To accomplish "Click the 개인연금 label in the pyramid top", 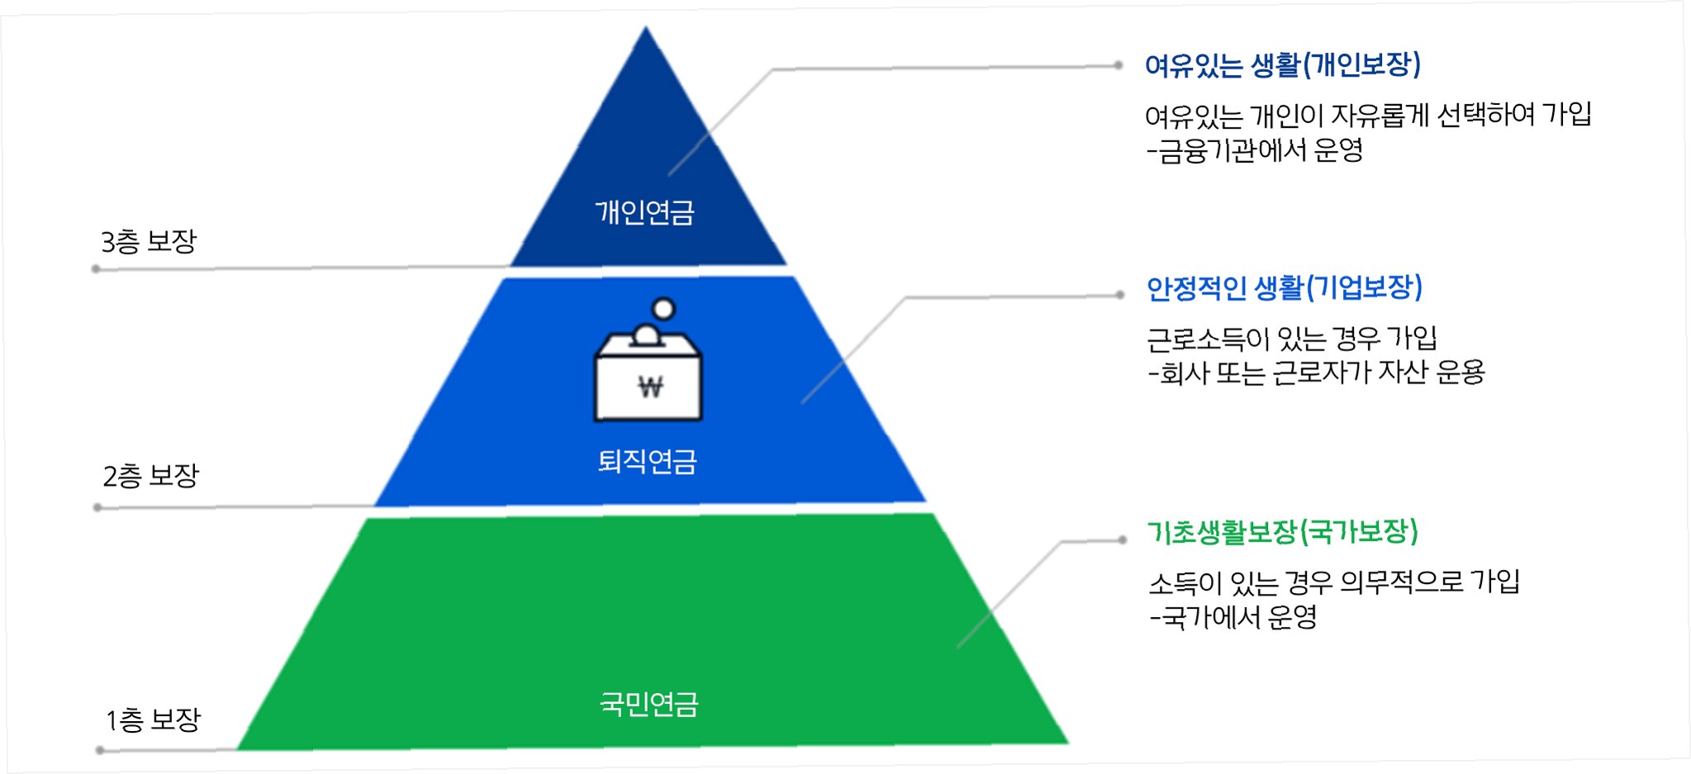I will pyautogui.click(x=644, y=213).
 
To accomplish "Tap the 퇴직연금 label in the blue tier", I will pyautogui.click(x=647, y=461).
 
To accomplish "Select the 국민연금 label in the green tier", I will pyautogui.click(x=648, y=705).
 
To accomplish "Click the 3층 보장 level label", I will pyautogui.click(x=149, y=242).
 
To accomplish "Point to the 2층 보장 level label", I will pyautogui.click(x=150, y=476).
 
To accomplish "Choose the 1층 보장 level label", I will pyautogui.click(x=153, y=719).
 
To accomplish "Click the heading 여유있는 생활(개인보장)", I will pyautogui.click(x=1282, y=65).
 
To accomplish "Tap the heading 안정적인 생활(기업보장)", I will pyautogui.click(x=1284, y=288).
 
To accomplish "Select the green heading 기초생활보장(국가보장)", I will pyautogui.click(x=1282, y=532).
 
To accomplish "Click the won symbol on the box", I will pyautogui.click(x=650, y=387).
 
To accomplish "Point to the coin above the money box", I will pyautogui.click(x=663, y=309).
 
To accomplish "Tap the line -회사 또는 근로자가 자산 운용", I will pyautogui.click(x=1316, y=373).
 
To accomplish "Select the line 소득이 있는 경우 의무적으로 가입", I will pyautogui.click(x=1333, y=582).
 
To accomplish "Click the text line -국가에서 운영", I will pyautogui.click(x=1233, y=617).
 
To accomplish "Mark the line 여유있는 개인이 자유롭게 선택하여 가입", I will pyautogui.click(x=1367, y=115).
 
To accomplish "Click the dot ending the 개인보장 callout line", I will pyautogui.click(x=1118, y=65).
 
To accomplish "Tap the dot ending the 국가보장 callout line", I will pyautogui.click(x=1122, y=540).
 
